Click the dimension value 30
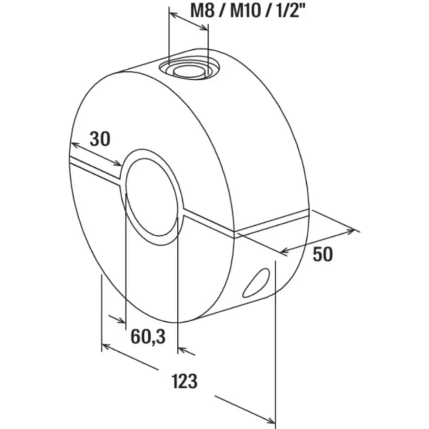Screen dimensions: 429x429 pos(100,139)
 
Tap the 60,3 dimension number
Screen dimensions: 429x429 pos(148,336)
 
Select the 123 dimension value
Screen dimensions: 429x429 pos(184,381)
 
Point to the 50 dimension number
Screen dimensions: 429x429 pos(323,254)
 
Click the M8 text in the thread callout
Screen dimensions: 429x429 pos(203,11)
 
